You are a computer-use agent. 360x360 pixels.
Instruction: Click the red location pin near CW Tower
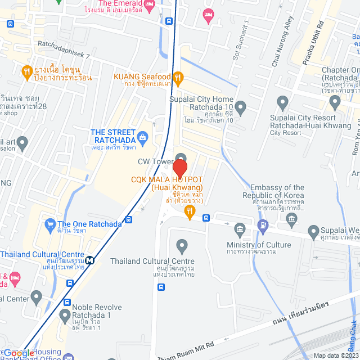pyautogui.click(x=179, y=168)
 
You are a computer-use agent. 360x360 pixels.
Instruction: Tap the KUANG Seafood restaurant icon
pyautogui.click(x=178, y=77)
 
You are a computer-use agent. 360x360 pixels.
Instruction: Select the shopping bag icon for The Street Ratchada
pyautogui.click(x=143, y=136)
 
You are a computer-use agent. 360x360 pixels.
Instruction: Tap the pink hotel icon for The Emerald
pyautogui.click(x=149, y=6)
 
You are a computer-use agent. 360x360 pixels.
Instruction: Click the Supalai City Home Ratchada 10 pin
pyautogui.click(x=241, y=107)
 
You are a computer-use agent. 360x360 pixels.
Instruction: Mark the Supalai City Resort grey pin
pyautogui.click(x=283, y=102)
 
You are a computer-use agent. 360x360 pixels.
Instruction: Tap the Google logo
pyautogui.click(x=19, y=353)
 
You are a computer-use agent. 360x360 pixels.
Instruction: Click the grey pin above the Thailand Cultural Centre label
pyautogui.click(x=181, y=246)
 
